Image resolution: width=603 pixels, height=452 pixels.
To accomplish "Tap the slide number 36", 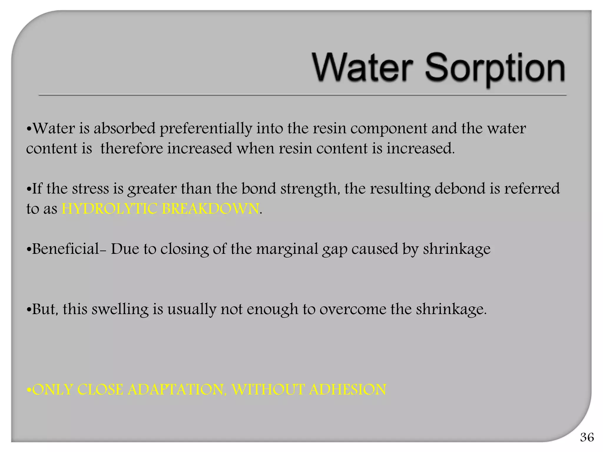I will (587, 437).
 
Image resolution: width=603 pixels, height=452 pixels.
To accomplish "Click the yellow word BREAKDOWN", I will (211, 209).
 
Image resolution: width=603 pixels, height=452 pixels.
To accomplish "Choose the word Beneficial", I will (66, 249).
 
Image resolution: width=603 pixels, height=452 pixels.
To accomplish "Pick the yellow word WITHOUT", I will (268, 390).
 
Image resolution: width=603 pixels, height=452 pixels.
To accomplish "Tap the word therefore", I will (132, 148).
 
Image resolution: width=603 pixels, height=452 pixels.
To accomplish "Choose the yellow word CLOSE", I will (100, 390).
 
